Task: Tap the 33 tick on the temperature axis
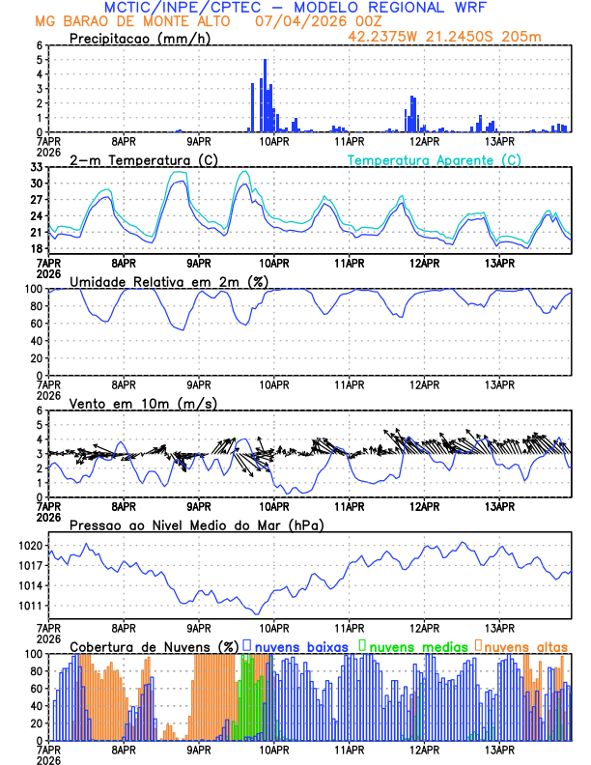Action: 35,168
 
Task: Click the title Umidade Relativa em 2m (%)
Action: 170,281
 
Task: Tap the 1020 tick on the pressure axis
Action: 30,546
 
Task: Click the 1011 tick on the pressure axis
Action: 30,606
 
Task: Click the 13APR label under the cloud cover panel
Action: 498,749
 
